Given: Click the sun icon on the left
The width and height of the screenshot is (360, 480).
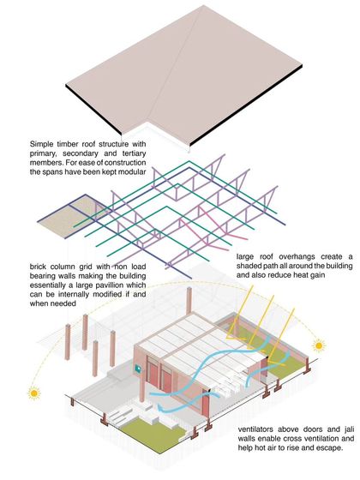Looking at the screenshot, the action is pyautogui.click(x=34, y=393).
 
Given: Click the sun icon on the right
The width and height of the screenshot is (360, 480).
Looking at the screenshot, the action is pyautogui.click(x=319, y=345).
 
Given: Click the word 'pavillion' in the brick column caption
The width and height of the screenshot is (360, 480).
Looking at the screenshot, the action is pyautogui.click(x=119, y=285).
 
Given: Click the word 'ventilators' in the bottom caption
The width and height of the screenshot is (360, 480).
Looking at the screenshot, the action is pyautogui.click(x=255, y=429).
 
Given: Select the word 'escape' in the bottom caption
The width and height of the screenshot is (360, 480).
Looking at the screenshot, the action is pyautogui.click(x=331, y=448).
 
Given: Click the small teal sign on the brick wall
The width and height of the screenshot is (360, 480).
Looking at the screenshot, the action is pyautogui.click(x=138, y=369).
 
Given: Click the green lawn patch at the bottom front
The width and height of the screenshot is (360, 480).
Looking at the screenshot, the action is pyautogui.click(x=153, y=431).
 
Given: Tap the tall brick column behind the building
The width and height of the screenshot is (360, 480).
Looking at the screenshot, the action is pyautogui.click(x=189, y=301).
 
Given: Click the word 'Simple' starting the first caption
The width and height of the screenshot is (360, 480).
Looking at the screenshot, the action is pyautogui.click(x=39, y=144).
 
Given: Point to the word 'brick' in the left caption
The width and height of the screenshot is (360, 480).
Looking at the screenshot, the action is pyautogui.click(x=38, y=267).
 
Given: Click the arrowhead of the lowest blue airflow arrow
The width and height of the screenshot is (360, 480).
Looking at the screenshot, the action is pyautogui.click(x=160, y=407).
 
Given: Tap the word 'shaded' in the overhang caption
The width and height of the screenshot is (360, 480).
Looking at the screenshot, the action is pyautogui.click(x=249, y=266).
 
